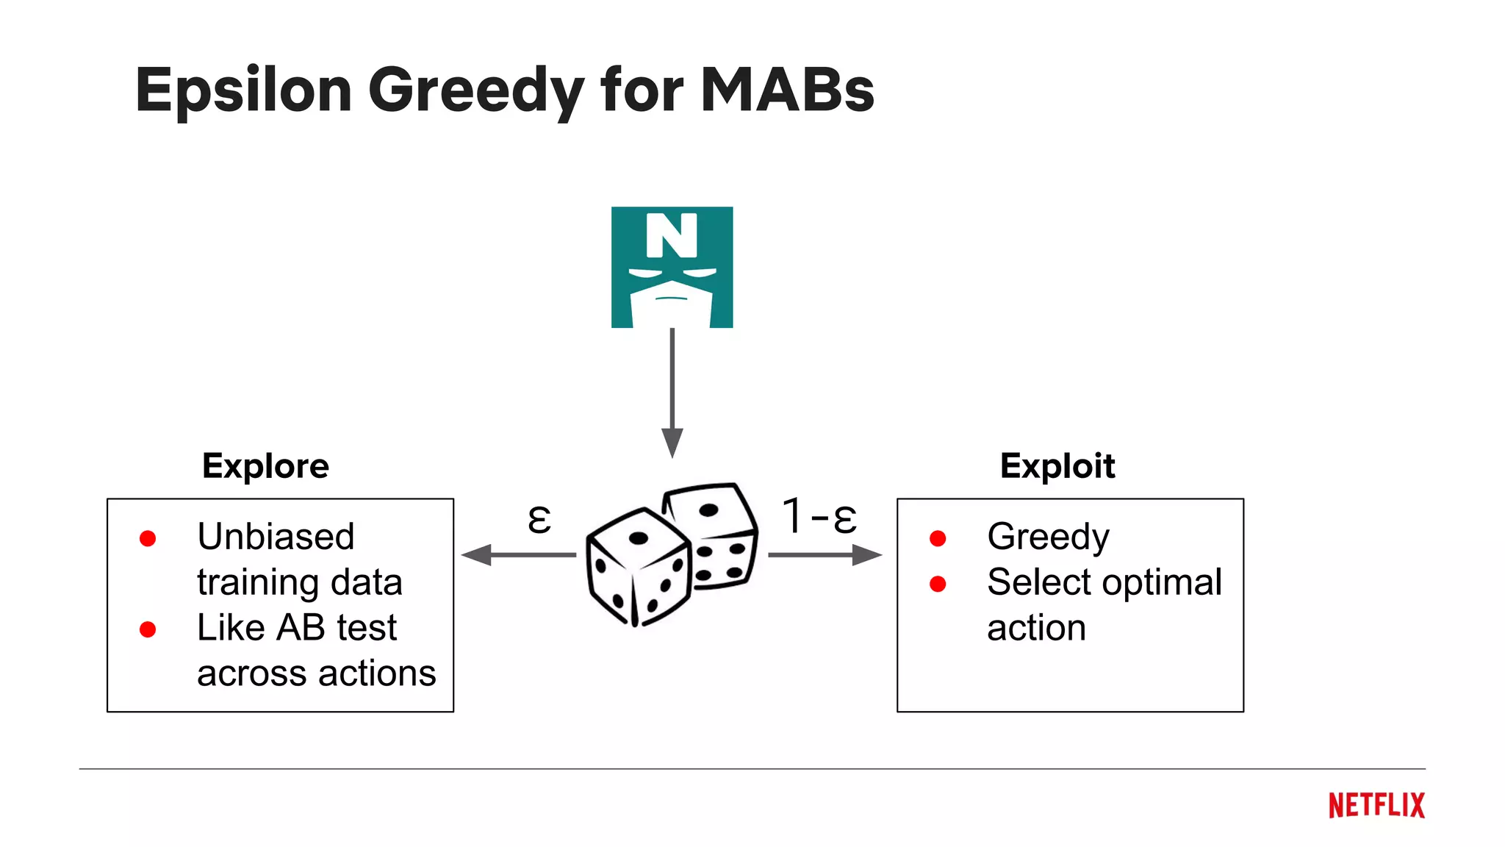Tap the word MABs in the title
click(787, 90)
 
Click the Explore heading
click(265, 466)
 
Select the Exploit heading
click(1057, 466)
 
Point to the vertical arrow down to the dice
click(672, 390)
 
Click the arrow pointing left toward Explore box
click(517, 554)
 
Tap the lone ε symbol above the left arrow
click(539, 518)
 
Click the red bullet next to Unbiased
click(148, 539)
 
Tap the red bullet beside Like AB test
click(148, 629)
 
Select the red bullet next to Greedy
click(938, 539)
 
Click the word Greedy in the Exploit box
click(1048, 537)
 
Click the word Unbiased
click(276, 536)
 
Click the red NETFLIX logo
click(1376, 806)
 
